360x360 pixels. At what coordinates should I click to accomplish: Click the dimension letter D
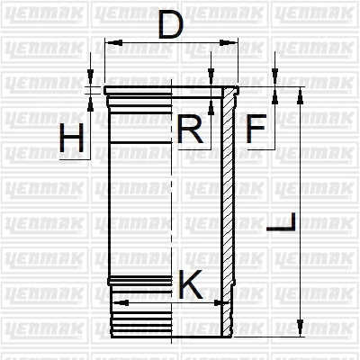(x=170, y=25)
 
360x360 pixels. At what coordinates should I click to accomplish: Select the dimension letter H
(x=71, y=139)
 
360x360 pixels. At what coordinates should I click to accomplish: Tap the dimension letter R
(x=190, y=129)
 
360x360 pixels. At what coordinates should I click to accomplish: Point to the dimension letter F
(x=256, y=129)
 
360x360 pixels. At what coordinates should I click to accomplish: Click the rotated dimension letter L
(x=281, y=222)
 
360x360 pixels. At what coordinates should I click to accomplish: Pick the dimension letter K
(x=191, y=284)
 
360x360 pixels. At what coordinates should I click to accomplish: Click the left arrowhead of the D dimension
(x=115, y=42)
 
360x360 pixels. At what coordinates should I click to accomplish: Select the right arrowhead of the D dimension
(x=227, y=42)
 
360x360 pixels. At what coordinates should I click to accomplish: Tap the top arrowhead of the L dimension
(x=300, y=96)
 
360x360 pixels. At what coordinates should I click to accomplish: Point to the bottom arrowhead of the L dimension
(x=300, y=328)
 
